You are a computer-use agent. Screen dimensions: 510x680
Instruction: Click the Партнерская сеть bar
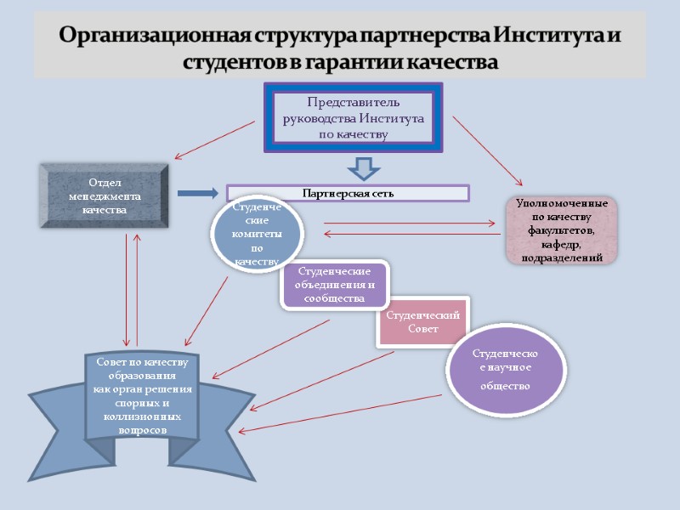(348, 193)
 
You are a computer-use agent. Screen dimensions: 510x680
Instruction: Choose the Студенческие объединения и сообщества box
(334, 284)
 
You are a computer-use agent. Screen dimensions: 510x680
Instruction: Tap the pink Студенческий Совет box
(422, 322)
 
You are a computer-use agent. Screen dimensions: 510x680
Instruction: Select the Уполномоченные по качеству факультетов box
(561, 229)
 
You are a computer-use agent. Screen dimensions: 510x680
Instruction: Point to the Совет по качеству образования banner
(141, 396)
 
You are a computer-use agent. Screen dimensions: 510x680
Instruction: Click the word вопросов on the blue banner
(142, 430)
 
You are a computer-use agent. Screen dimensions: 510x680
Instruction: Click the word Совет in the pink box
(422, 329)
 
